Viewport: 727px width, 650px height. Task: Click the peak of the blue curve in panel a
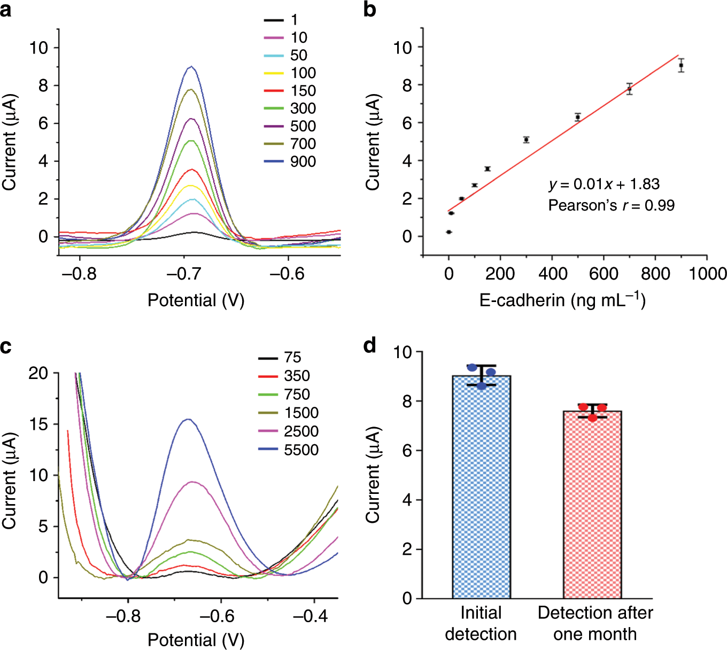[191, 67]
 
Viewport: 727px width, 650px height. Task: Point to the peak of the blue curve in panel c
[188, 419]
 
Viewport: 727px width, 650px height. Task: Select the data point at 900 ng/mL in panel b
[681, 65]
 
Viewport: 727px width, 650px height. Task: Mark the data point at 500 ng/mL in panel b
[578, 117]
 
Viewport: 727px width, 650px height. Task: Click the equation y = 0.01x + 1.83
[604, 184]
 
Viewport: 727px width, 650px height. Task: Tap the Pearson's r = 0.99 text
[611, 205]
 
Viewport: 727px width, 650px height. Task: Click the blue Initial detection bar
[481, 486]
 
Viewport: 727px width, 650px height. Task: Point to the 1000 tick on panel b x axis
[707, 274]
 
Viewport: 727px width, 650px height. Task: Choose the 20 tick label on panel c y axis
[38, 373]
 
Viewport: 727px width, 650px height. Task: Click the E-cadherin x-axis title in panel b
[562, 300]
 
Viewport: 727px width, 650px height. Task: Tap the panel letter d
[369, 346]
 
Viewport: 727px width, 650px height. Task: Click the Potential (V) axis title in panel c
[196, 639]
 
